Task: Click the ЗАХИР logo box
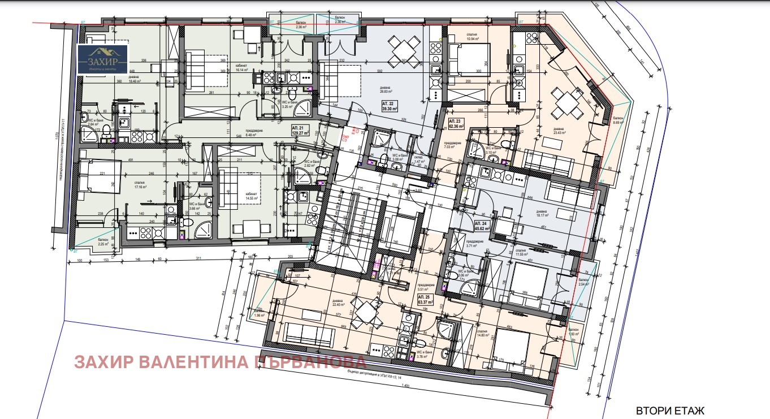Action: tap(103, 60)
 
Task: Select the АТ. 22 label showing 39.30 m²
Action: tap(390, 106)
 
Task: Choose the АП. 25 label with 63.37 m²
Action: tap(425, 299)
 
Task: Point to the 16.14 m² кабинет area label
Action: tap(243, 68)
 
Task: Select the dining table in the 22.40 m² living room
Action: tap(365, 312)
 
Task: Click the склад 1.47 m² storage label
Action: tap(419, 160)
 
